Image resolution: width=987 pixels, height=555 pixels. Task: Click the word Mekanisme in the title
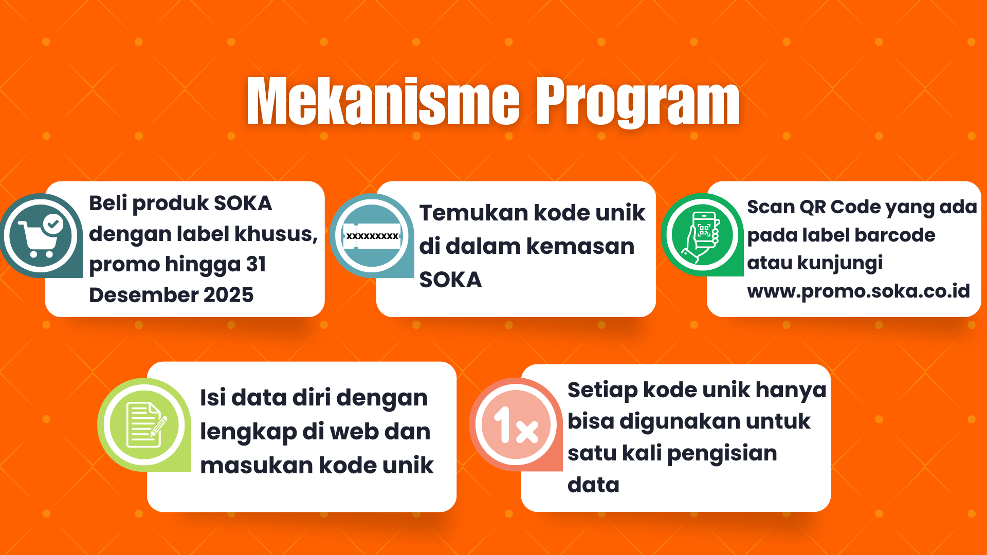coord(383,101)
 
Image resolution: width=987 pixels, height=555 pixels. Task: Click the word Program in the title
coord(637,102)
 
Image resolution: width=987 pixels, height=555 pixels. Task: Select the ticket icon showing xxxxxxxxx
coord(372,236)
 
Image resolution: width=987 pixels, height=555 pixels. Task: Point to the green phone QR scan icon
coord(702,235)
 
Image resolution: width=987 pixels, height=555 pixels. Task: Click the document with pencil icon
coord(144,425)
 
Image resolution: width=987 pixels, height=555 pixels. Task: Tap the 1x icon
coord(516,424)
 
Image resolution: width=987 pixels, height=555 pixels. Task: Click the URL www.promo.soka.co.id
coord(858,291)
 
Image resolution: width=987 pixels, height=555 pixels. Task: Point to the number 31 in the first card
coord(256,264)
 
